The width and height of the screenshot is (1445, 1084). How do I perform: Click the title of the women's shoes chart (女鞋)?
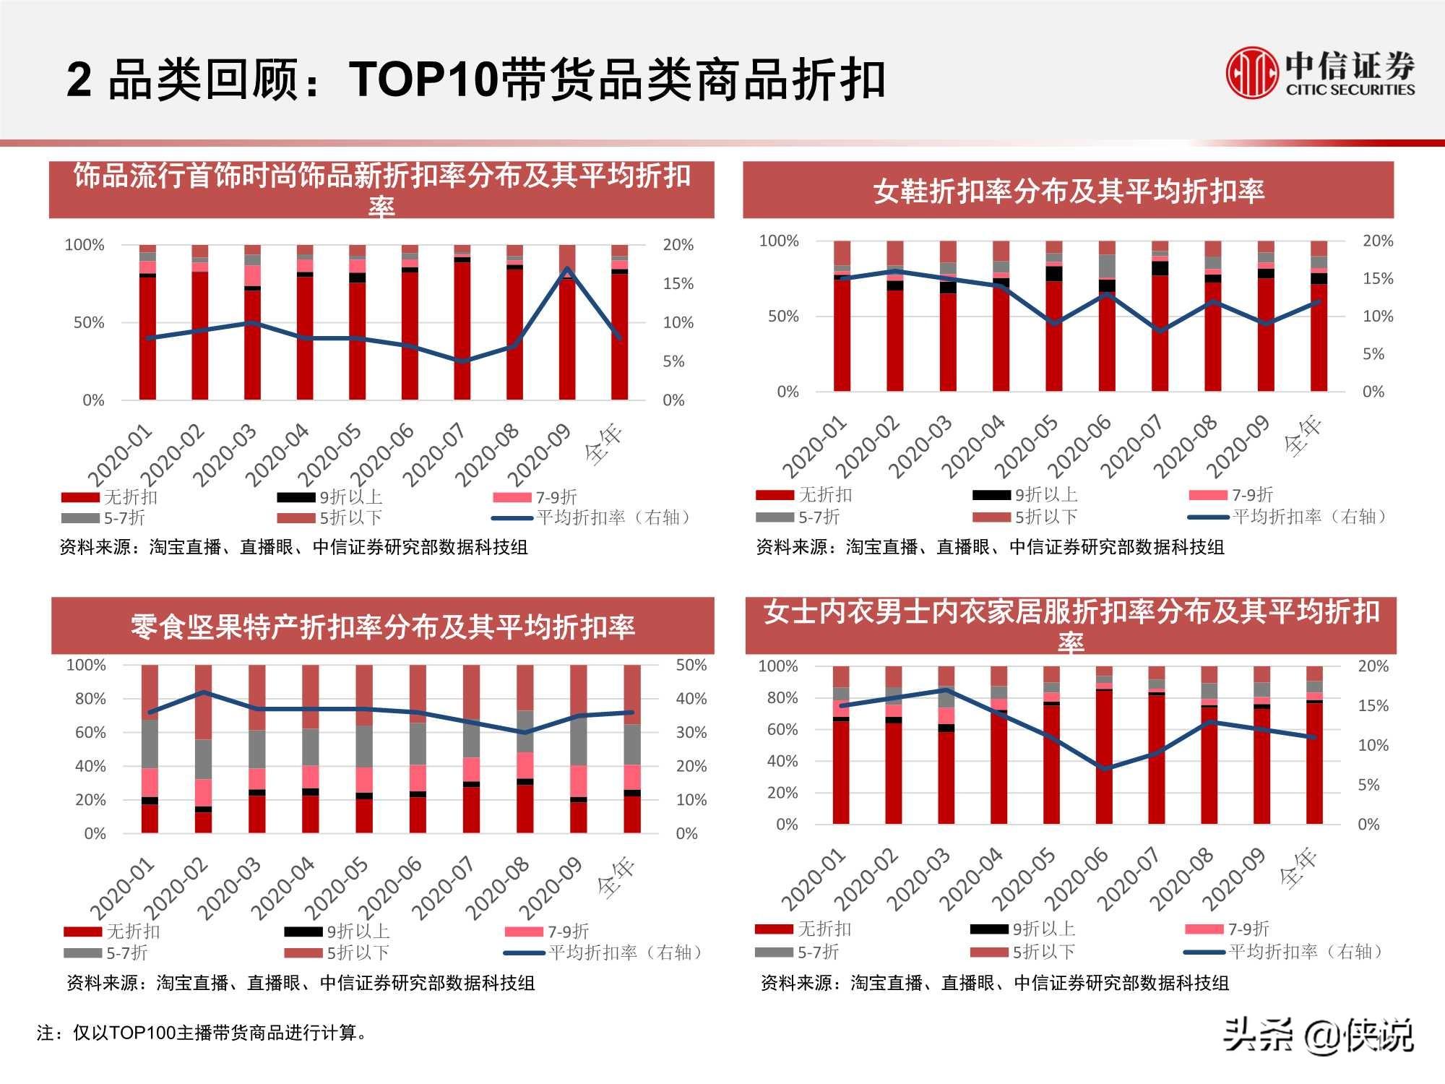(x=1068, y=192)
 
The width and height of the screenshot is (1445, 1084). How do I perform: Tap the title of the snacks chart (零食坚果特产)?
(x=382, y=627)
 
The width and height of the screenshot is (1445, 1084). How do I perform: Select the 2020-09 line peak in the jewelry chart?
(x=568, y=269)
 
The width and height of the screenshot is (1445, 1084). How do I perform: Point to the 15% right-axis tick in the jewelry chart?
(x=678, y=284)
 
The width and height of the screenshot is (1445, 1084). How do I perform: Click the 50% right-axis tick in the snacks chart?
(x=691, y=666)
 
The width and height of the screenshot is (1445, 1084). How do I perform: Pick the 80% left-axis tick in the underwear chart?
(x=782, y=698)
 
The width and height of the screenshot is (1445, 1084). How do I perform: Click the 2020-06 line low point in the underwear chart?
(x=1104, y=768)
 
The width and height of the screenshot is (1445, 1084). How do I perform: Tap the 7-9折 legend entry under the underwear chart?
(x=1228, y=929)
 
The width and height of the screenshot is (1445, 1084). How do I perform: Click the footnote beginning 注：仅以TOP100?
(x=202, y=1033)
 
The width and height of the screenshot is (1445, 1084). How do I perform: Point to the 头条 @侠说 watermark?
(x=1318, y=1035)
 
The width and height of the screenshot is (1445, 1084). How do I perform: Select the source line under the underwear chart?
(x=994, y=983)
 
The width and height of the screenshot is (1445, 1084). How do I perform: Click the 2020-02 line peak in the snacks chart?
(x=204, y=692)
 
